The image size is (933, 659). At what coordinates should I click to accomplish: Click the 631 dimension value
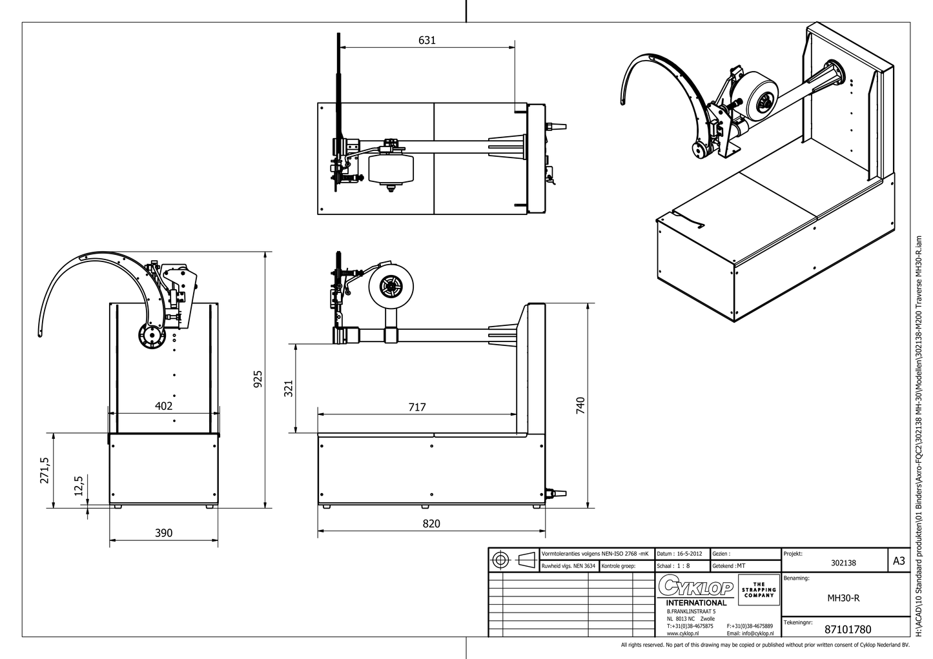427,40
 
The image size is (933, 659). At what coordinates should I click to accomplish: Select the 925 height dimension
258,379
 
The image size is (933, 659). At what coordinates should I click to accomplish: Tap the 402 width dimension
164,406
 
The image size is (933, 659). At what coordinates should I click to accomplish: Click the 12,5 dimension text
79,485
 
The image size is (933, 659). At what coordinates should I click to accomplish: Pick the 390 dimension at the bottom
164,532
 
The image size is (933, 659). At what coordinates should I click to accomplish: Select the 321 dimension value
289,388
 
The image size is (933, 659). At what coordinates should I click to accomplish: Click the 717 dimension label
417,407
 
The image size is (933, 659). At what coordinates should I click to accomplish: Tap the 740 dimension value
580,405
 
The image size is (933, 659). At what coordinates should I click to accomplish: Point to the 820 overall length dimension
431,523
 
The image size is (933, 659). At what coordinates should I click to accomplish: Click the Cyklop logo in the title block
696,587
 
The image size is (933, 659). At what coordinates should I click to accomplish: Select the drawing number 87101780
848,629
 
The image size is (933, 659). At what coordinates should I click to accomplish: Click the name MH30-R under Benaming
843,598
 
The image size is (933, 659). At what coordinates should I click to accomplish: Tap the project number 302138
843,563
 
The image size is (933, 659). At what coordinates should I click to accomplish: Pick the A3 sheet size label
898,561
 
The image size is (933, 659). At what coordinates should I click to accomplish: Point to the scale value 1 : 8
680,565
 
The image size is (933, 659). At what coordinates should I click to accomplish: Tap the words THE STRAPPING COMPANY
759,589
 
